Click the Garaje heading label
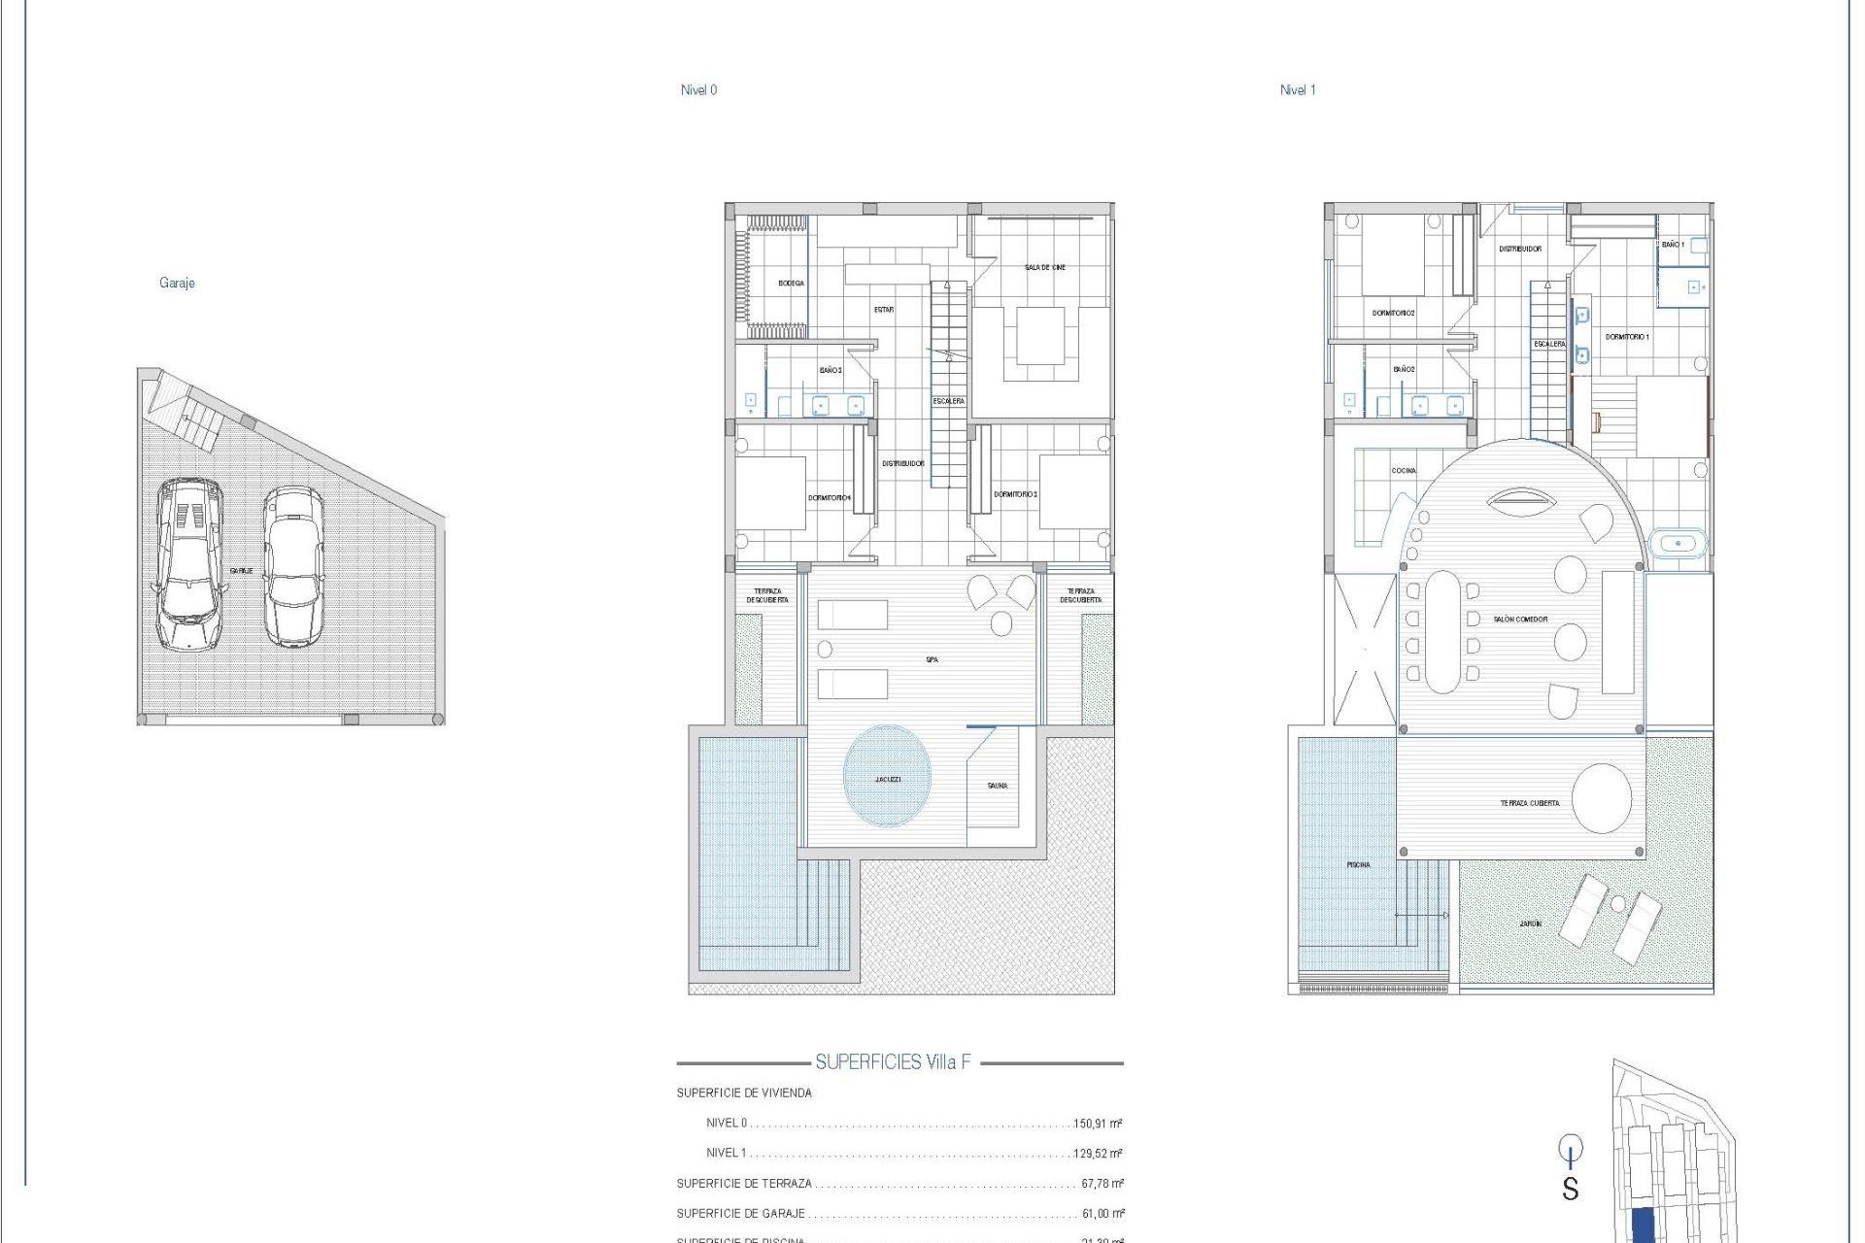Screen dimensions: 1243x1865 tap(177, 283)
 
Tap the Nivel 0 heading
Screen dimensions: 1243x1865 tap(698, 90)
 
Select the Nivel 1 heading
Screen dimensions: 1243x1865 tap(1297, 90)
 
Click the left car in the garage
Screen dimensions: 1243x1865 tap(189, 563)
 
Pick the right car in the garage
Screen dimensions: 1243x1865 tap(292, 566)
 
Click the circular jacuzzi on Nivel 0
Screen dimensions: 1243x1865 tap(887, 776)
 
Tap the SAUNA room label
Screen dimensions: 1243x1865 tap(998, 786)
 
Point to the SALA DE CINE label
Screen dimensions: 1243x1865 tap(1044, 267)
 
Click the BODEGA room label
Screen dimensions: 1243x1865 tap(791, 284)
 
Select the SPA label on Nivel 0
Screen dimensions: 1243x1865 tap(932, 660)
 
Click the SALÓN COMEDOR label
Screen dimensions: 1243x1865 tap(1521, 620)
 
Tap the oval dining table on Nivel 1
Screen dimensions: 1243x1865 tap(1442, 631)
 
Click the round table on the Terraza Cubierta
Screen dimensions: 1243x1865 tap(1602, 798)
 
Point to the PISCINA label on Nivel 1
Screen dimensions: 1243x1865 tap(1358, 864)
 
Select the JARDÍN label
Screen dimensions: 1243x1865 tap(1530, 924)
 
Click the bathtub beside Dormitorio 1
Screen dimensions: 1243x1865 tap(1678, 543)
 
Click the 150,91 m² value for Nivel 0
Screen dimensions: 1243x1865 tap(1098, 1124)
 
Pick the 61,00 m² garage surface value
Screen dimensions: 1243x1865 tap(1102, 1214)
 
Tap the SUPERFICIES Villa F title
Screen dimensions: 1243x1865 tap(893, 1061)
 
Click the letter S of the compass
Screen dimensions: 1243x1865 tap(1570, 1189)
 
